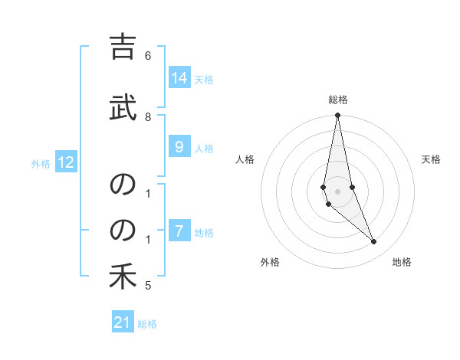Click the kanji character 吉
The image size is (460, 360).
pyautogui.click(x=123, y=48)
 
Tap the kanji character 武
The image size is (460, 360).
pyautogui.click(x=123, y=106)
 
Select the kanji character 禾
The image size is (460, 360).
pyautogui.click(x=123, y=277)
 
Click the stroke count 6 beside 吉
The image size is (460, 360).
pyautogui.click(x=148, y=56)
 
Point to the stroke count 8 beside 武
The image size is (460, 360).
pyautogui.click(x=148, y=116)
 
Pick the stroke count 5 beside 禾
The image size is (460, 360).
pyautogui.click(x=148, y=286)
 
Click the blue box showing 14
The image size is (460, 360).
pyautogui.click(x=179, y=78)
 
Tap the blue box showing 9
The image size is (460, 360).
pyautogui.click(x=179, y=147)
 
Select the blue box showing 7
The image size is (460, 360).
pyautogui.click(x=179, y=231)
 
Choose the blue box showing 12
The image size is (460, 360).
pyautogui.click(x=66, y=162)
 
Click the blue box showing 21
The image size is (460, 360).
pyautogui.click(x=123, y=322)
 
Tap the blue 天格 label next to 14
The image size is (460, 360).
pyautogui.click(x=204, y=79)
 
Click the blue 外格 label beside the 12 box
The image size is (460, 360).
pyautogui.click(x=41, y=163)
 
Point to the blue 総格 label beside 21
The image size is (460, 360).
pyautogui.click(x=147, y=323)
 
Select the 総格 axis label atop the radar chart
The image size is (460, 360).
pyautogui.click(x=338, y=100)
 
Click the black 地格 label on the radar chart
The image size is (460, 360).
pyautogui.click(x=402, y=262)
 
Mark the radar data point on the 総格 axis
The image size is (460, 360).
pyautogui.click(x=337, y=116)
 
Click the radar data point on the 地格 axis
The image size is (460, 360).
pyautogui.click(x=374, y=242)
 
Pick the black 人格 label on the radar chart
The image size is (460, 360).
pyautogui.click(x=245, y=159)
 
